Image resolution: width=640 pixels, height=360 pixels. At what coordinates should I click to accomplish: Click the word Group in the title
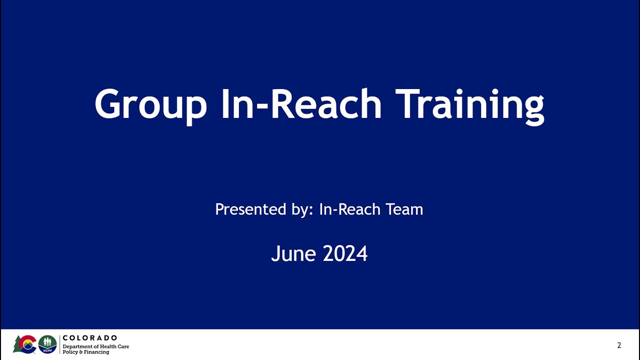[x=150, y=105]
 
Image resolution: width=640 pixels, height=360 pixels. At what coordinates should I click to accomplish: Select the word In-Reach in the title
[x=301, y=104]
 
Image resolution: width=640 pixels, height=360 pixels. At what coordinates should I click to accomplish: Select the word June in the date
[x=294, y=253]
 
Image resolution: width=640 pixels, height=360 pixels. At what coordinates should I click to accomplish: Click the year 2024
[x=345, y=253]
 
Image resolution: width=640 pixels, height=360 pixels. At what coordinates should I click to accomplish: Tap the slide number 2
[x=619, y=345]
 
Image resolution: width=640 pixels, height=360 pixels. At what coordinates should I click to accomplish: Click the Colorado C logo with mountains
[x=27, y=344]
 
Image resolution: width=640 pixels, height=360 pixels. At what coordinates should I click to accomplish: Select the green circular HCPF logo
[x=47, y=344]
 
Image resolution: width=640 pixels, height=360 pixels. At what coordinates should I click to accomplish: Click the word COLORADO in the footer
[x=90, y=338]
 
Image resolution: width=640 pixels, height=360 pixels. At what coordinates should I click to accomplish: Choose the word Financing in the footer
[x=96, y=352]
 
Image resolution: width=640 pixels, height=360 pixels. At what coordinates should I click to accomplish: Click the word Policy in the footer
[x=70, y=352]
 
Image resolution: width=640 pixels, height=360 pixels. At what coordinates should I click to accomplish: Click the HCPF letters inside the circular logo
[x=47, y=349]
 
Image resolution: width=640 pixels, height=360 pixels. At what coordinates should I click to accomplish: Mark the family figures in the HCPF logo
[x=47, y=342]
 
